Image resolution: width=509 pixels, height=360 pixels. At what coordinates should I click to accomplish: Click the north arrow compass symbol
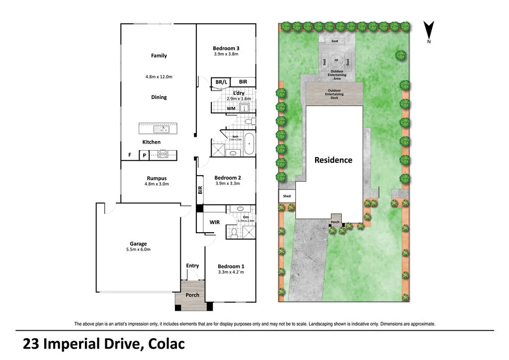[x=428, y=30]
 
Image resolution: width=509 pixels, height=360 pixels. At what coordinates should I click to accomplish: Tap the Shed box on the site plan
[x=287, y=196]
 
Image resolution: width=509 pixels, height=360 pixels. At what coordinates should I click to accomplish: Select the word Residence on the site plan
[x=333, y=160]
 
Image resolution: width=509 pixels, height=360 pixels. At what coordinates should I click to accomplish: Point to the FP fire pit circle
[x=336, y=60]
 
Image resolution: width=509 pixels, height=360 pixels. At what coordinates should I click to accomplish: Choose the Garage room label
[x=138, y=244]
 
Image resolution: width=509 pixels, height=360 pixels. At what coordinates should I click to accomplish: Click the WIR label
[x=215, y=222]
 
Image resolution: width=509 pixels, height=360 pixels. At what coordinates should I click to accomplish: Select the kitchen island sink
[x=161, y=129]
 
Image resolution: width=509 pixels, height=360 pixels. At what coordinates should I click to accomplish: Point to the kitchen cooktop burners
[x=163, y=155]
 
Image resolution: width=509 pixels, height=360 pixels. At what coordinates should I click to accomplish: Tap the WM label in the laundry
[x=231, y=108]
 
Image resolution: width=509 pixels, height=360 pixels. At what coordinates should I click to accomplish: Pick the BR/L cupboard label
[x=221, y=82]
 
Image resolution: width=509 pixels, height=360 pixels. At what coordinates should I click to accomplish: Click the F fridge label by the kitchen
[x=130, y=155]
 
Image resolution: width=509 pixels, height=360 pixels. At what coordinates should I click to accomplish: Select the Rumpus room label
[x=157, y=179]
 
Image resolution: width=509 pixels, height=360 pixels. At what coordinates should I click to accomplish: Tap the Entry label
[x=192, y=266]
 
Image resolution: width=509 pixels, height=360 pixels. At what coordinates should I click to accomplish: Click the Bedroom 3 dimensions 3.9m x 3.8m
[x=226, y=54]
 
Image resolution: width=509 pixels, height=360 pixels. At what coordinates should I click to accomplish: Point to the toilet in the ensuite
[x=234, y=231]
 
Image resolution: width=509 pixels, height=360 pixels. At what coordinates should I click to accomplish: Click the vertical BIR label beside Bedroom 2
[x=200, y=189]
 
